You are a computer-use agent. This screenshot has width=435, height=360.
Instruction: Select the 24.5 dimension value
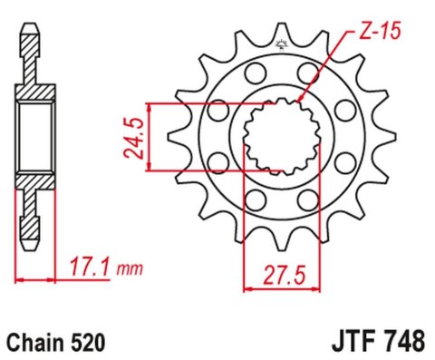coord(133,136)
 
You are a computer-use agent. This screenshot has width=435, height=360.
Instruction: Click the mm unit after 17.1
coord(131,269)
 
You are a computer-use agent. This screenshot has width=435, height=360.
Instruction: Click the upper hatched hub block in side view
coord(35,94)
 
